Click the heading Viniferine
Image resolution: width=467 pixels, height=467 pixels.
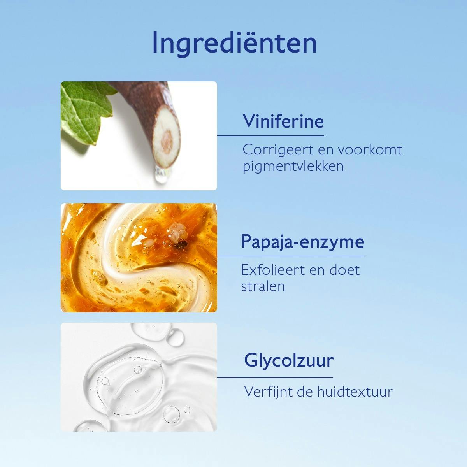pos(283,121)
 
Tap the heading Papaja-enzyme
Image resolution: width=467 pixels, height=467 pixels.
pos(303,242)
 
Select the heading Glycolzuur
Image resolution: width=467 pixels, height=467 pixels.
pos(289,360)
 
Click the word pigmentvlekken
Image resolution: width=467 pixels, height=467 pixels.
pos(293,167)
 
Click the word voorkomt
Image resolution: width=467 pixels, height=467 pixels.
pos(370,150)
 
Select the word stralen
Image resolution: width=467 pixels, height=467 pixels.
pos(263,286)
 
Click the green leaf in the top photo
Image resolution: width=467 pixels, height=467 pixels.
pos(84,109)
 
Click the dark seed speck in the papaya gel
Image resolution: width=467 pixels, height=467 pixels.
pos(180,246)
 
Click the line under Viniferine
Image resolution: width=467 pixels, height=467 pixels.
pos(270,136)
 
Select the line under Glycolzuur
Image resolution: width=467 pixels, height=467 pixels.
pos(275,377)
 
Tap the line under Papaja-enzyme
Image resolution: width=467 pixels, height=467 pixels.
pos(291,256)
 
